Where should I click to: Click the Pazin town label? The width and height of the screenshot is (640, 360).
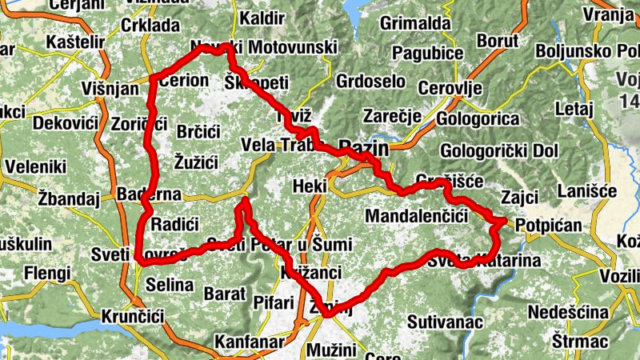point(364,148)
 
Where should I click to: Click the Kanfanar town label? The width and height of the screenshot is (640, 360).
point(250,342)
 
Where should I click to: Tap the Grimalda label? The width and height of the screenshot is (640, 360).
point(415,23)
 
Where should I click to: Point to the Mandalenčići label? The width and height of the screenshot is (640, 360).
point(415,216)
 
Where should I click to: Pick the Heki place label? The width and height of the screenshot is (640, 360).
point(310,186)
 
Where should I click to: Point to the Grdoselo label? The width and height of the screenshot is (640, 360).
point(371,82)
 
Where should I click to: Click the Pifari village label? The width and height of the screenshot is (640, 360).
point(274,303)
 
